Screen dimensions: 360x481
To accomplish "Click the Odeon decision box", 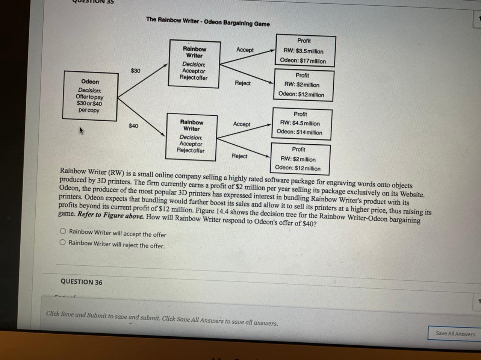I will click(90, 96).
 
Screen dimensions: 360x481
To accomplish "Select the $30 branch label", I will click(135, 71).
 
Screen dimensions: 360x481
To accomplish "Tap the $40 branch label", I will click(133, 126).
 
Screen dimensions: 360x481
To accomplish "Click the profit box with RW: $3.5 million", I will click(305, 51).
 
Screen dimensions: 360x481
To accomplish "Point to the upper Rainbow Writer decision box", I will click(194, 64).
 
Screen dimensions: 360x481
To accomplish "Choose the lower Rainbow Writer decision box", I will click(191, 137).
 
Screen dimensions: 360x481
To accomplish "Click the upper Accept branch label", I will click(245, 50).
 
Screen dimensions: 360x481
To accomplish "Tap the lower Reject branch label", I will click(239, 156).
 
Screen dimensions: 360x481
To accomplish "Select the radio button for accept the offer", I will click(63, 231).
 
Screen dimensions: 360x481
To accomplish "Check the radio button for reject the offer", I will click(63, 242).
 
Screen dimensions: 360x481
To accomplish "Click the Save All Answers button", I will click(455, 333).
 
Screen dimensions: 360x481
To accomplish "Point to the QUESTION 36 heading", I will click(81, 282).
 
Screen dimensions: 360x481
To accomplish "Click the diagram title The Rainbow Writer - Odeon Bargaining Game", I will click(208, 21).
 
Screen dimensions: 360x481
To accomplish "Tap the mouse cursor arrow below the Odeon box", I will click(81, 130).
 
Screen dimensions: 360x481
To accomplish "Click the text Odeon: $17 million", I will click(303, 61).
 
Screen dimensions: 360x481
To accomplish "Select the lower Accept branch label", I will click(241, 124).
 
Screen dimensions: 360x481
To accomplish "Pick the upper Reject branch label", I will click(242, 83).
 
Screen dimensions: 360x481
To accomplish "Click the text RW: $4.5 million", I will click(300, 123).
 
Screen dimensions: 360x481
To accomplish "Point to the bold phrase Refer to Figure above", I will click(110, 215).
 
